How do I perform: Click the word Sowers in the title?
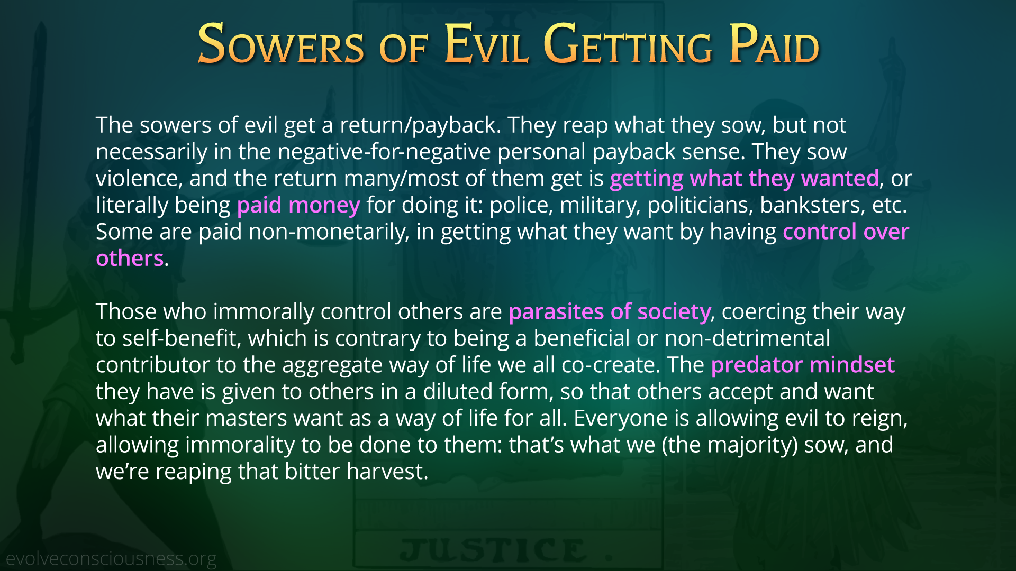pyautogui.click(x=281, y=44)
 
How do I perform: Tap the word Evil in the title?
pyautogui.click(x=486, y=44)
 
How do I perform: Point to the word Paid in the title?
pyautogui.click(x=774, y=44)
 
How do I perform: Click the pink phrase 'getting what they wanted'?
pyautogui.click(x=744, y=179)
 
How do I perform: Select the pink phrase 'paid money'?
pyautogui.click(x=298, y=205)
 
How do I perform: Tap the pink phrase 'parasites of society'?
pyautogui.click(x=609, y=312)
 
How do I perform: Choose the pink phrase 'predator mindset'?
pyautogui.click(x=803, y=365)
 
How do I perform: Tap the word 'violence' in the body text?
pyautogui.click(x=137, y=179)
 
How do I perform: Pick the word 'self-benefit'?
pyautogui.click(x=179, y=338)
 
